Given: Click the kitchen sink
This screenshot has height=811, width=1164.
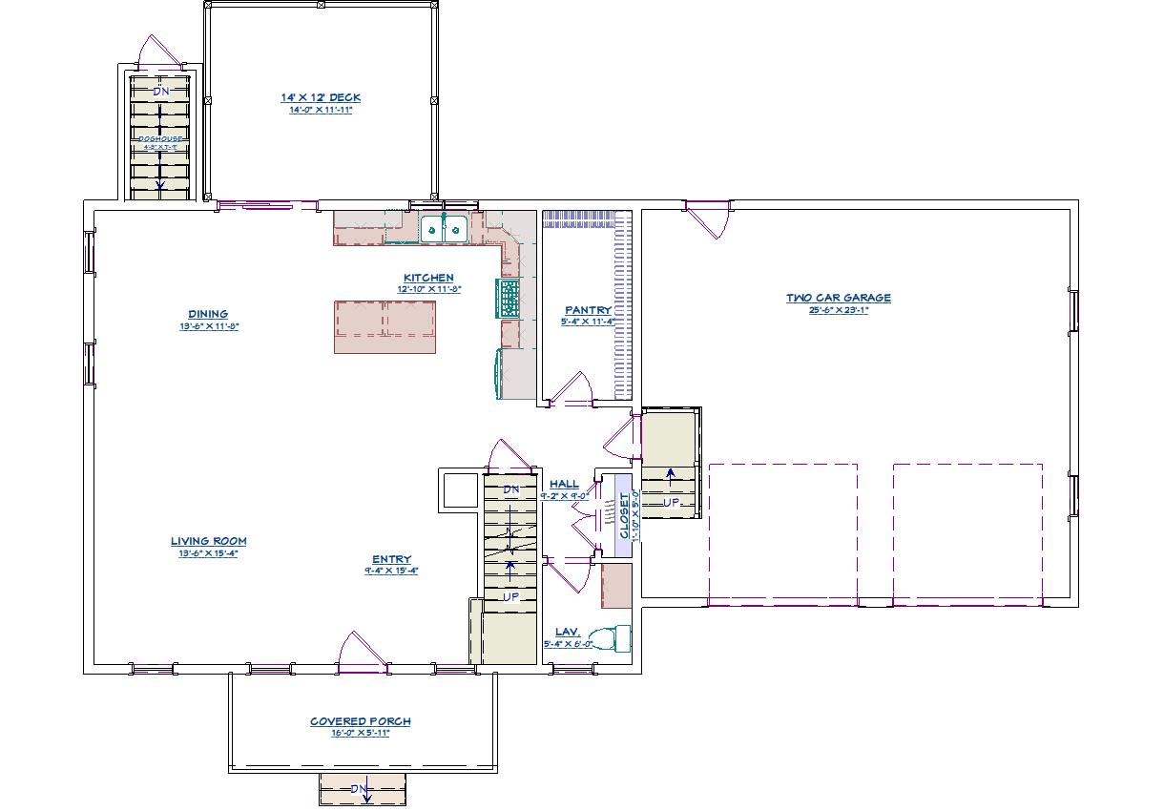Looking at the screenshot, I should (444, 228).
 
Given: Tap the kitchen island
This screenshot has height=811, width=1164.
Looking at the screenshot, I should (385, 326).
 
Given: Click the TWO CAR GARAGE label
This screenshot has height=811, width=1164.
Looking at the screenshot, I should (838, 298).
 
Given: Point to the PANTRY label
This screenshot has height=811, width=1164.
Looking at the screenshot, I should (587, 310).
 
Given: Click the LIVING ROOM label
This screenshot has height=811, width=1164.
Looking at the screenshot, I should (209, 541).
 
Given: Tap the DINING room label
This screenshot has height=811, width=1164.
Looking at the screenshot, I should (207, 314).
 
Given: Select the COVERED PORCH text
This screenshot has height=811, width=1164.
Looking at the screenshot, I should (360, 721).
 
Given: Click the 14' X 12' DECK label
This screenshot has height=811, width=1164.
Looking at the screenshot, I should (321, 97).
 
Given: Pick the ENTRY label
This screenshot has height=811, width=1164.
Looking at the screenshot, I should (391, 559).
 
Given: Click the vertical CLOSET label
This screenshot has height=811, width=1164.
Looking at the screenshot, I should (624, 516).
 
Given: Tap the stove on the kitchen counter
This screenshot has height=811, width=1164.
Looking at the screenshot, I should (508, 298).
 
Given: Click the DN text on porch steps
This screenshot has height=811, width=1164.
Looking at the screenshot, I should (359, 788).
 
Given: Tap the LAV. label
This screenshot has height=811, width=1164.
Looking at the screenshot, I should (567, 632).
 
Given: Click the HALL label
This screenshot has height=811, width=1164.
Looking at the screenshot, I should (564, 485).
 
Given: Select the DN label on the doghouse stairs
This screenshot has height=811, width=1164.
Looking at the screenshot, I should (160, 92).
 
